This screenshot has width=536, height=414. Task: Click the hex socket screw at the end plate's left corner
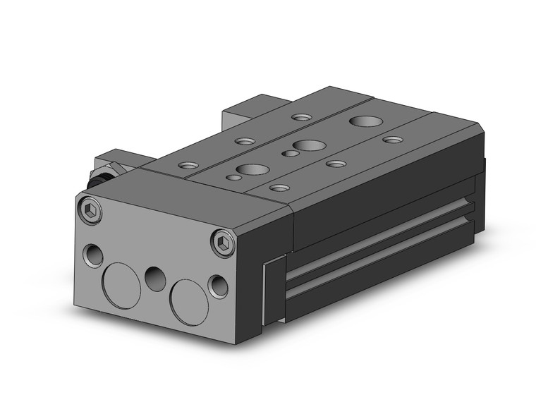tap(90, 210)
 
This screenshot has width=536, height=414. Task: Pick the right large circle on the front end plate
tap(189, 300)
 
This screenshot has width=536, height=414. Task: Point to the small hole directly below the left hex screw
tap(92, 254)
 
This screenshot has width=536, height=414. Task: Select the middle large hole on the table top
tap(309, 145)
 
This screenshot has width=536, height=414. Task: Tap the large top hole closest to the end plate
tap(252, 170)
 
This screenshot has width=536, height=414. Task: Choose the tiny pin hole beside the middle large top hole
tap(289, 153)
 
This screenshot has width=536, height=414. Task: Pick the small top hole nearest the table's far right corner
tap(392, 140)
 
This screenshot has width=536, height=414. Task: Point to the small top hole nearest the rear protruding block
tap(301, 117)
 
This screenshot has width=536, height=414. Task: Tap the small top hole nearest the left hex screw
tap(188, 166)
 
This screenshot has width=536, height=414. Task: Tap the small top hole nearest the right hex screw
tap(280, 188)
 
